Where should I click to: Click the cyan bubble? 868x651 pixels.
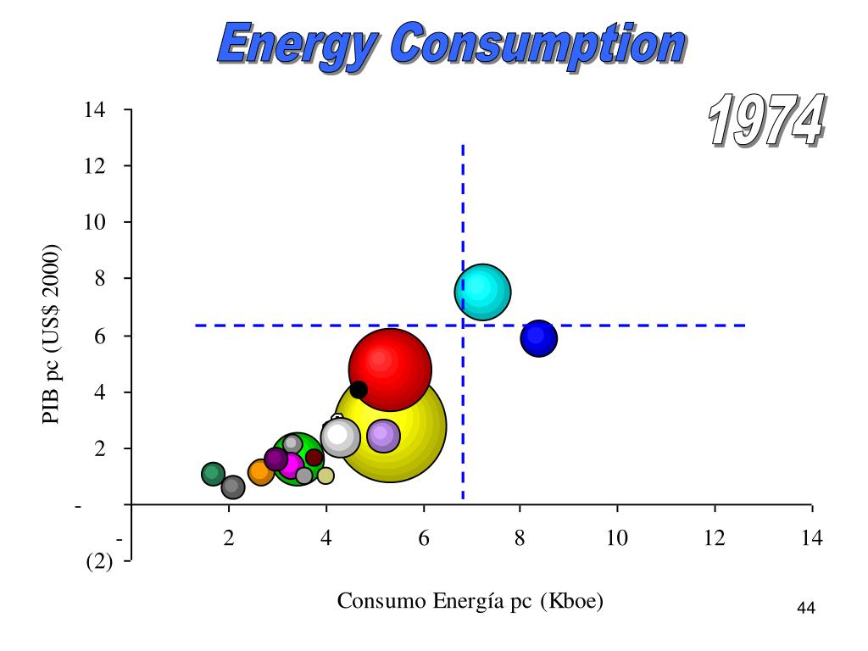(482, 292)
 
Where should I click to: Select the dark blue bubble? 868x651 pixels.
(538, 338)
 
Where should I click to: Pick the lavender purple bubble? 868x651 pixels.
(383, 436)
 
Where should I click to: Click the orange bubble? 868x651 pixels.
(259, 473)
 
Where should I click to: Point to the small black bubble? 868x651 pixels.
(359, 390)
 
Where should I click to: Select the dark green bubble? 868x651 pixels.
(214, 474)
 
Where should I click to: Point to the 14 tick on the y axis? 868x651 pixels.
(94, 110)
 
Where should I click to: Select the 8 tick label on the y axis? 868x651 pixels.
(99, 279)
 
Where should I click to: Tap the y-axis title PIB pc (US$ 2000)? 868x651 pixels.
(52, 335)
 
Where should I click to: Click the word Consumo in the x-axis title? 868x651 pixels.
(371, 601)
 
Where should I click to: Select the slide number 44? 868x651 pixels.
(806, 609)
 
